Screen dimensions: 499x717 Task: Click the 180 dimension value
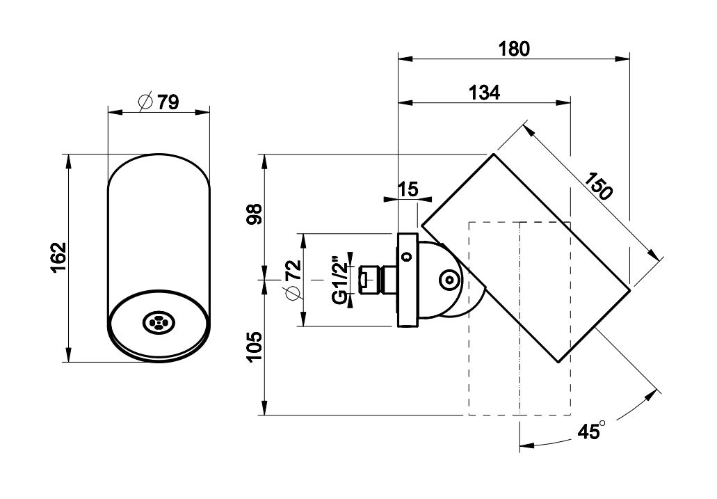point(514,49)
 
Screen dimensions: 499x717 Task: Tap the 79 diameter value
point(168,102)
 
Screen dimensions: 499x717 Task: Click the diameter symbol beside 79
point(146,102)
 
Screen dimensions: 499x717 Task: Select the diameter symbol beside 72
point(292,293)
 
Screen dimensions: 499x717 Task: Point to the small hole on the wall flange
point(405,255)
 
